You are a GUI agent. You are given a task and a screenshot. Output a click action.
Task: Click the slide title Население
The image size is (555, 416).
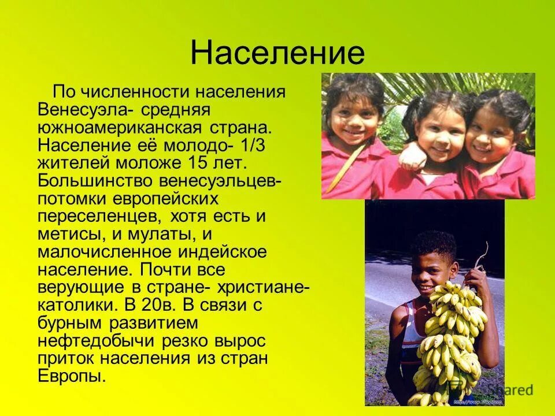tap(277, 53)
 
